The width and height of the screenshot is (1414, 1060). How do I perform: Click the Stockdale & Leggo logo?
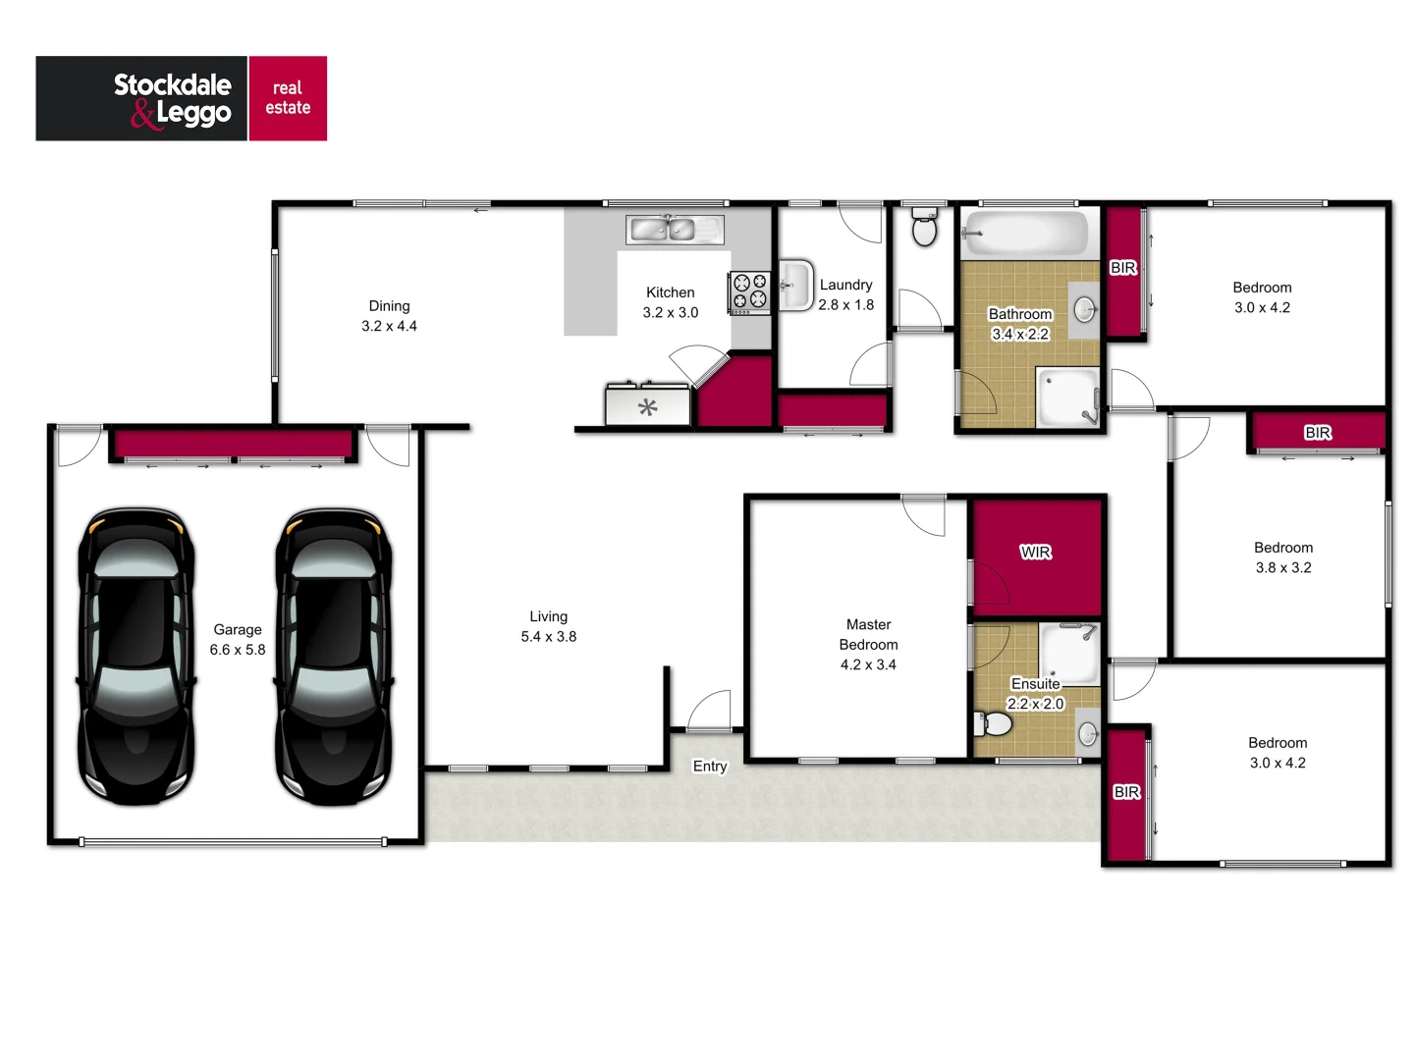pyautogui.click(x=182, y=98)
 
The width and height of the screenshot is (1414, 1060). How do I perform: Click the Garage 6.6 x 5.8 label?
pyautogui.click(x=238, y=640)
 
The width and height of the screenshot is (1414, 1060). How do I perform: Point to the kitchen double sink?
pyautogui.click(x=674, y=230)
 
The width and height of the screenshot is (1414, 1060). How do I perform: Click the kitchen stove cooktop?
pyautogui.click(x=750, y=292)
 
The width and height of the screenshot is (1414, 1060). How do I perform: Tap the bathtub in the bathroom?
pyautogui.click(x=1026, y=234)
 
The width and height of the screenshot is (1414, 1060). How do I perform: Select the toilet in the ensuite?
pyautogui.click(x=994, y=724)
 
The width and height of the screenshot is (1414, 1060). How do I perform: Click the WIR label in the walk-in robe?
pyautogui.click(x=1036, y=553)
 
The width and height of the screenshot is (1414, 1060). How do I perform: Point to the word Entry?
pyautogui.click(x=710, y=767)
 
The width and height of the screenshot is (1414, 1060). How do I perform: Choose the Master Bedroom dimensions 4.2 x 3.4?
pyautogui.click(x=868, y=665)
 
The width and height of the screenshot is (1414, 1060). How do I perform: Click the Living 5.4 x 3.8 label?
pyautogui.click(x=549, y=626)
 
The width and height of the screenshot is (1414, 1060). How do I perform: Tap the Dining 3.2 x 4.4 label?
pyautogui.click(x=389, y=316)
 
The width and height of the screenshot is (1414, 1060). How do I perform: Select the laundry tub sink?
pyautogui.click(x=794, y=286)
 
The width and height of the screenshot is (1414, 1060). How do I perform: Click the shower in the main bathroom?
pyautogui.click(x=1068, y=397)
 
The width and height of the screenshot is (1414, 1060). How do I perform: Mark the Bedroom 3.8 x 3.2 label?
pyautogui.click(x=1283, y=557)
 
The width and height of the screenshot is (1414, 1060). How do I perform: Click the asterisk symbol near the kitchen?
pyautogui.click(x=647, y=407)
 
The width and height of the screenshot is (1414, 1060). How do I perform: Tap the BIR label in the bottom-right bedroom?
pyautogui.click(x=1126, y=792)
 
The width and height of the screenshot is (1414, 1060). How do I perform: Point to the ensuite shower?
pyautogui.click(x=1069, y=652)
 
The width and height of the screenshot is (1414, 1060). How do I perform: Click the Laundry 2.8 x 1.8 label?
pyautogui.click(x=845, y=294)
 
